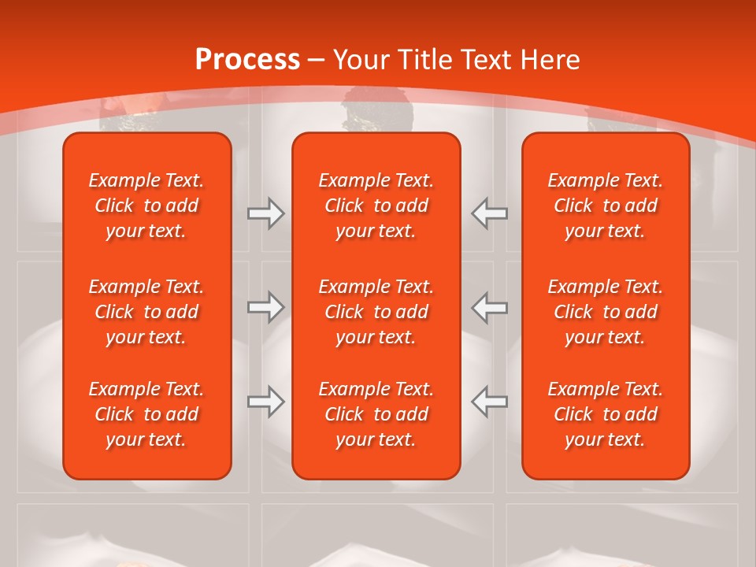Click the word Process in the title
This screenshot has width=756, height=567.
[247, 60]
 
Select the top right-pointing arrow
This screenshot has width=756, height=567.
[265, 213]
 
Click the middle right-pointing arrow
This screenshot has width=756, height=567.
[265, 307]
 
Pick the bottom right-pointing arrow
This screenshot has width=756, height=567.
[265, 402]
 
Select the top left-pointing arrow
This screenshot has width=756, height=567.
[490, 213]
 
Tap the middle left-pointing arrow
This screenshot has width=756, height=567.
[490, 307]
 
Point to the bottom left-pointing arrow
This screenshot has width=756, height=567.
[490, 402]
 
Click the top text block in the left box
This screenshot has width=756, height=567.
[146, 206]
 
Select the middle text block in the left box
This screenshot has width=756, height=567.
[146, 312]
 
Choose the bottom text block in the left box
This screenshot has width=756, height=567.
[146, 414]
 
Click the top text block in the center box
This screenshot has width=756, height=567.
[376, 206]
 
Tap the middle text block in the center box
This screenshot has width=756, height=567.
[376, 312]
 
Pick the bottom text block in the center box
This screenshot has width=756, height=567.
[376, 414]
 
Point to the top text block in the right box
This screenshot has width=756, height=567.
[606, 206]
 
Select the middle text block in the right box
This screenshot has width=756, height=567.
[606, 312]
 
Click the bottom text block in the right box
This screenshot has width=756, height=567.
[606, 414]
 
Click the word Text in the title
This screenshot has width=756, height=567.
[485, 60]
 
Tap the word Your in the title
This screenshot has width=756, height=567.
[361, 60]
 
